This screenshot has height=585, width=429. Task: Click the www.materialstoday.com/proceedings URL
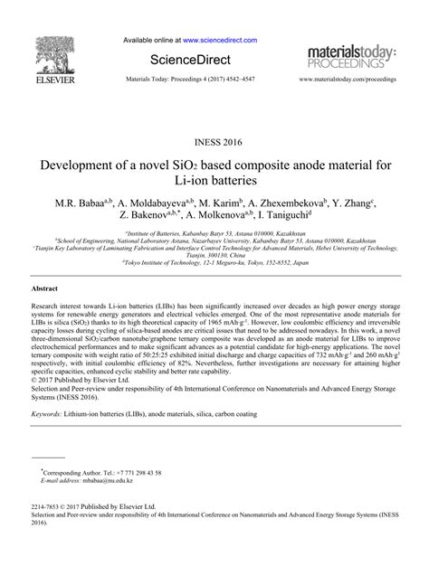click(349, 80)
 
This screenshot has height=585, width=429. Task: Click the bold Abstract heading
click(45, 287)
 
